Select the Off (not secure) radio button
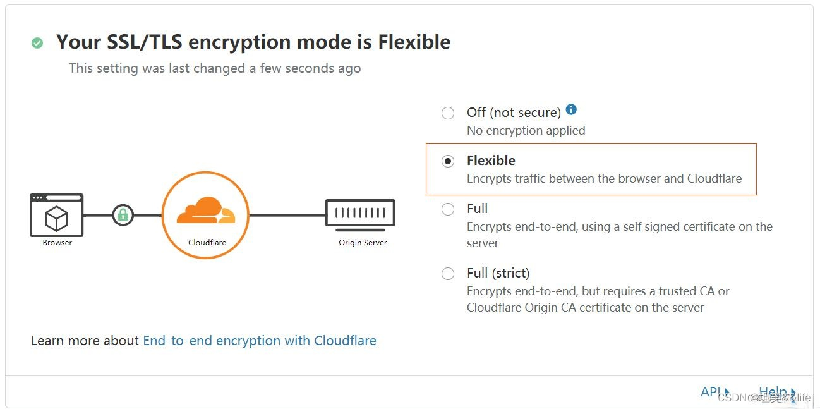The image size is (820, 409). (x=448, y=113)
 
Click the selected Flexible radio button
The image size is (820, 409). (x=448, y=161)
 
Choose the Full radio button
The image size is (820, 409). (x=448, y=209)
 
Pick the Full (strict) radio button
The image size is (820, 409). (x=448, y=274)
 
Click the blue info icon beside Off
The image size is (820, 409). (x=571, y=109)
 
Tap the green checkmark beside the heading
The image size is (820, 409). (x=37, y=43)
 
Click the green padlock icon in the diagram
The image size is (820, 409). (x=123, y=215)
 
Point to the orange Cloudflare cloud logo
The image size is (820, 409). (x=205, y=211)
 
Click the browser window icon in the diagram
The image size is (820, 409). (x=57, y=215)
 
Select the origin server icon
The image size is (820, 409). (x=360, y=214)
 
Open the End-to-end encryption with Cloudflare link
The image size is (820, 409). (x=260, y=341)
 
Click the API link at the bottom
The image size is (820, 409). (x=711, y=392)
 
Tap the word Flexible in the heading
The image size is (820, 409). (x=414, y=42)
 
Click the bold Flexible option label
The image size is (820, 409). (x=491, y=161)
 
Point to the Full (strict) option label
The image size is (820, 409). (x=498, y=273)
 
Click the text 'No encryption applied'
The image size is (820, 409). (x=526, y=131)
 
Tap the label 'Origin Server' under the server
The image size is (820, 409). (x=363, y=243)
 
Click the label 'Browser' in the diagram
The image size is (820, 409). (x=57, y=243)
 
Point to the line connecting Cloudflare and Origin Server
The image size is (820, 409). (x=287, y=215)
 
